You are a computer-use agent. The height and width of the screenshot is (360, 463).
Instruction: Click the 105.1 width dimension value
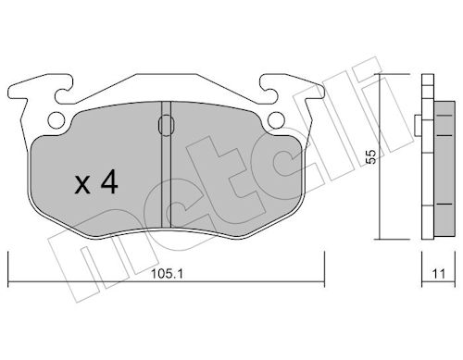pos(167,273)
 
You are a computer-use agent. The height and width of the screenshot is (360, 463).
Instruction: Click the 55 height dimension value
pos(370,156)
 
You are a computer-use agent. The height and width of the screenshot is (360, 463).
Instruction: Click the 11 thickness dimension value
pos(439,274)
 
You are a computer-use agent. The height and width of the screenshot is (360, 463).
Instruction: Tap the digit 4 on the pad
pos(109,182)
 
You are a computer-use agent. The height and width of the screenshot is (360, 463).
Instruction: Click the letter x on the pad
pos(82,186)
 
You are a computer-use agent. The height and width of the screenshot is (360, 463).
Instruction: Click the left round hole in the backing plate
pos(56,119)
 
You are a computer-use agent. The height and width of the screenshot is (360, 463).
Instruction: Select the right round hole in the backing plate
pos(276,120)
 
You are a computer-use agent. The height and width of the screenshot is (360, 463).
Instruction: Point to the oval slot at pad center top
pos(167,125)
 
